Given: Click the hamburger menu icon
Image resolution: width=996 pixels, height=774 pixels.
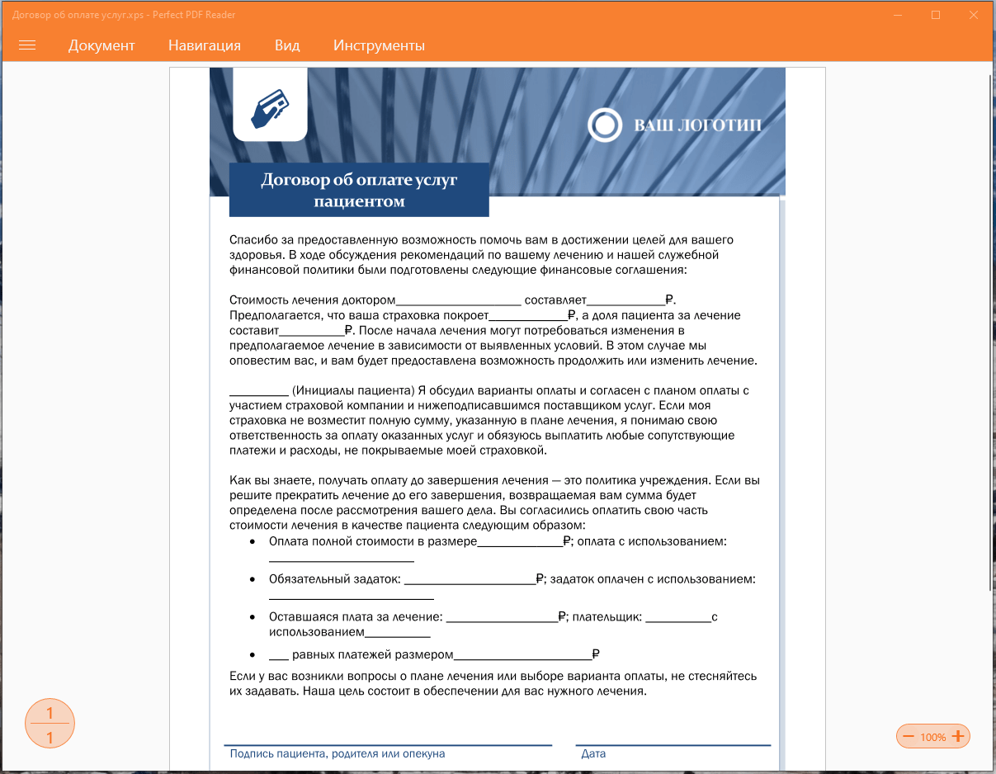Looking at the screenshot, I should coord(27,45).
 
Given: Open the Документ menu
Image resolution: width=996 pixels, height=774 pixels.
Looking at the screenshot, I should coord(101,45).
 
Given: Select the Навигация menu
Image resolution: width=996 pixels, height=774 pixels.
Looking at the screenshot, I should coord(205,45).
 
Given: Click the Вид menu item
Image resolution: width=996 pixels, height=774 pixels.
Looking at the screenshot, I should coord(287,45).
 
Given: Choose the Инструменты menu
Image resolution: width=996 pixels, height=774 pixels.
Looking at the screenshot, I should coord(379,45).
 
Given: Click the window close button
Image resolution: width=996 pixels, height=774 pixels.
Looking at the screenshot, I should coord(974,15).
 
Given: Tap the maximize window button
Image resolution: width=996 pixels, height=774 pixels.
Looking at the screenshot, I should coord(936,15).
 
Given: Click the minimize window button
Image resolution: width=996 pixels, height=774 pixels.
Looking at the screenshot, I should coord(898,15).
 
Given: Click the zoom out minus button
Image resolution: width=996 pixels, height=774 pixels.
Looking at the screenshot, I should coord(909,737).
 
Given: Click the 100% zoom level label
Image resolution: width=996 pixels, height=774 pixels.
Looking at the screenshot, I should coord(933,737).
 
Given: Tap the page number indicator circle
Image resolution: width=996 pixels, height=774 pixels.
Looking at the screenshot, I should coord(50,724).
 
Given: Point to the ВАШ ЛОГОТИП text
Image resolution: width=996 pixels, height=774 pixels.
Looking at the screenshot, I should coord(697,125).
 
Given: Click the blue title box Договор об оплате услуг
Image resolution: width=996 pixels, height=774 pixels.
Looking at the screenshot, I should coord(359,190).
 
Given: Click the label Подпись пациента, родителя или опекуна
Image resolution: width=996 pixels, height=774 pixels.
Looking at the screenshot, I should coord(338,753).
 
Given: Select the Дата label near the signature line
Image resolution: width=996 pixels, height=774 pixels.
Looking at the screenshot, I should coord(593,753).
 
